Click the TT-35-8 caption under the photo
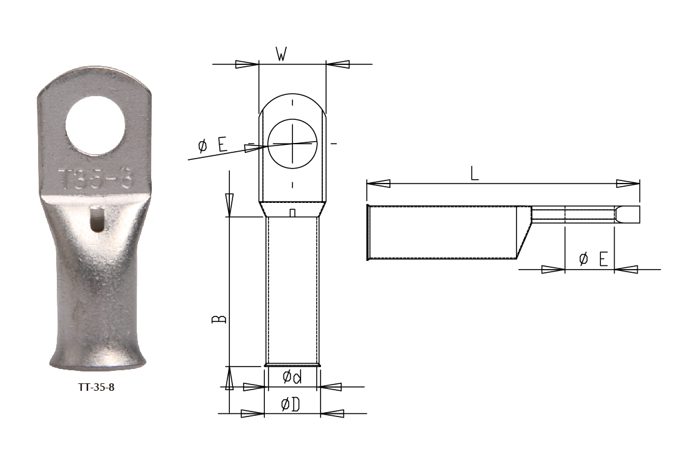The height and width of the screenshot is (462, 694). pyautogui.click(x=96, y=387)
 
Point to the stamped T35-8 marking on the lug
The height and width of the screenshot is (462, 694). pyautogui.click(x=95, y=179)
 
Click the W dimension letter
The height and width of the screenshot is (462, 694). pyautogui.click(x=281, y=55)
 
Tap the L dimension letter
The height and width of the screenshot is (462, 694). pyautogui.click(x=475, y=174)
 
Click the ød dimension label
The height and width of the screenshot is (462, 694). pyautogui.click(x=292, y=377)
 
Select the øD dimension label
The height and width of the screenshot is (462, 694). pyautogui.click(x=291, y=405)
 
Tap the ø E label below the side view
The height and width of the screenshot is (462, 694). pyautogui.click(x=593, y=258)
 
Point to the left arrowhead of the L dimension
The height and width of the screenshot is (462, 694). pyautogui.click(x=379, y=184)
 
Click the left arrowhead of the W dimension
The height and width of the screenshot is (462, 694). pyautogui.click(x=247, y=64)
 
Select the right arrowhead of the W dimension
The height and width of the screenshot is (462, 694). pyautogui.click(x=338, y=64)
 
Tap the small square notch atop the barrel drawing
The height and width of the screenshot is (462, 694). pyautogui.click(x=292, y=214)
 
